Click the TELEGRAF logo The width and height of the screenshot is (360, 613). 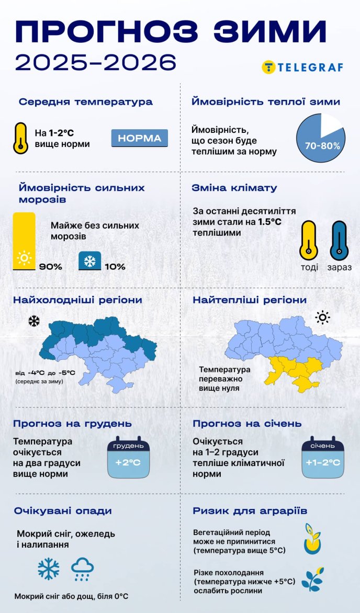coord(302,67)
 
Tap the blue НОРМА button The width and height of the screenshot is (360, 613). coord(140,139)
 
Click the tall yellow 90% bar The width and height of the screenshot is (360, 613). coord(24,241)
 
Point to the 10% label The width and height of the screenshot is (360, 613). coord(115,267)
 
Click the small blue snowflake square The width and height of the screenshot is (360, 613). coord(89,260)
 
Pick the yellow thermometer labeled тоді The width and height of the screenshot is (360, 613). coord(309,241)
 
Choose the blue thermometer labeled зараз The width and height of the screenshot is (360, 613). coord(339,241)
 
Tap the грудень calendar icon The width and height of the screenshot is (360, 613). coord(128,458)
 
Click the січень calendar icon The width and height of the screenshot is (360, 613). coord(323,458)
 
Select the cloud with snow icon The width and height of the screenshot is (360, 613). coord(82,569)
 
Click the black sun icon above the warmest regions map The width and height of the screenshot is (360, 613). coord(322,317)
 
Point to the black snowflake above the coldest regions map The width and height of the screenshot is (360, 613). coord(34,321)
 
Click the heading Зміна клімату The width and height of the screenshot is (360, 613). coord(235,188)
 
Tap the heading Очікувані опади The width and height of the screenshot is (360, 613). coord(63,510)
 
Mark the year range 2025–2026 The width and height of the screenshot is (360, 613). coord(95,63)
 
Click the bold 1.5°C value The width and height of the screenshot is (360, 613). coord(269,222)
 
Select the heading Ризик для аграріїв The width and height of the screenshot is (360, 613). coord(250,510)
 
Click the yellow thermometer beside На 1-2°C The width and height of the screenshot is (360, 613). coord(20,138)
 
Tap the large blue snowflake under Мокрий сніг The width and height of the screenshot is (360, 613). coord(49,569)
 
